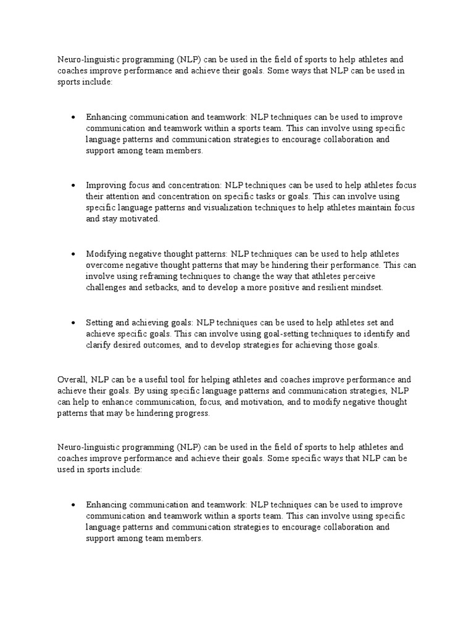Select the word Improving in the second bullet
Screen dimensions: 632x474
point(105,185)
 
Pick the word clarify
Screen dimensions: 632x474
point(99,345)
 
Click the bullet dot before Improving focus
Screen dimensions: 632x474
point(73,185)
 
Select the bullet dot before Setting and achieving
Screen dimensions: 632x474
point(73,323)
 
